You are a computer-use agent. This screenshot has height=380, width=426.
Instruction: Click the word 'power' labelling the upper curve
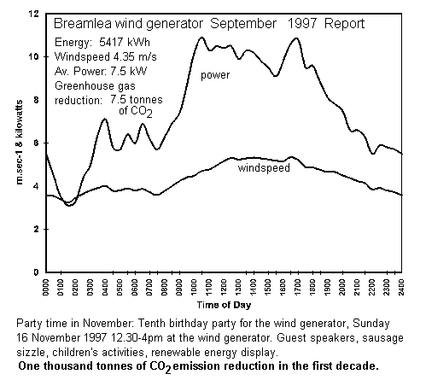pyautogui.click(x=215, y=76)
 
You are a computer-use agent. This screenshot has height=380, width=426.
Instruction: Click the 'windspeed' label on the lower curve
pyautogui.click(x=264, y=168)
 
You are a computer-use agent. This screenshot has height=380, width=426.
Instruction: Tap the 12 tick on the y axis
pyautogui.click(x=34, y=14)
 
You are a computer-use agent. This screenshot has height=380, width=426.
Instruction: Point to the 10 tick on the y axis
pyautogui.click(x=34, y=56)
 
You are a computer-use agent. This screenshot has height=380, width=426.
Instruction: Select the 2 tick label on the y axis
pyautogui.click(x=36, y=229)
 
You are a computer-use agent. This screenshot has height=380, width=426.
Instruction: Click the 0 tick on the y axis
pyautogui.click(x=36, y=272)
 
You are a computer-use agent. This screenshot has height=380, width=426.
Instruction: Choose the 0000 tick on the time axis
pyautogui.click(x=46, y=288)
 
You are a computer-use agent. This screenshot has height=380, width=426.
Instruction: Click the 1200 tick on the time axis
pyautogui.click(x=224, y=288)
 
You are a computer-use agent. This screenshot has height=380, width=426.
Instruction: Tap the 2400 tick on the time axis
pyautogui.click(x=401, y=288)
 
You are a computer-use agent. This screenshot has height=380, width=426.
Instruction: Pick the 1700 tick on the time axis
pyautogui.click(x=298, y=288)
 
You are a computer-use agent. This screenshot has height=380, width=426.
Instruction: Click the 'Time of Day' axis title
pyautogui.click(x=225, y=305)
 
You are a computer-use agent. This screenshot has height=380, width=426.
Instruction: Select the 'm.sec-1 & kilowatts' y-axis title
pyautogui.click(x=20, y=143)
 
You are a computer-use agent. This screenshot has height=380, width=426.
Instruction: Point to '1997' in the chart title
pyautogui.click(x=302, y=23)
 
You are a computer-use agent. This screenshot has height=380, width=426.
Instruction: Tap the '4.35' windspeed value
pyautogui.click(x=124, y=57)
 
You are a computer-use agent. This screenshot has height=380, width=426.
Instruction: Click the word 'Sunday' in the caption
pyautogui.click(x=371, y=324)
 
